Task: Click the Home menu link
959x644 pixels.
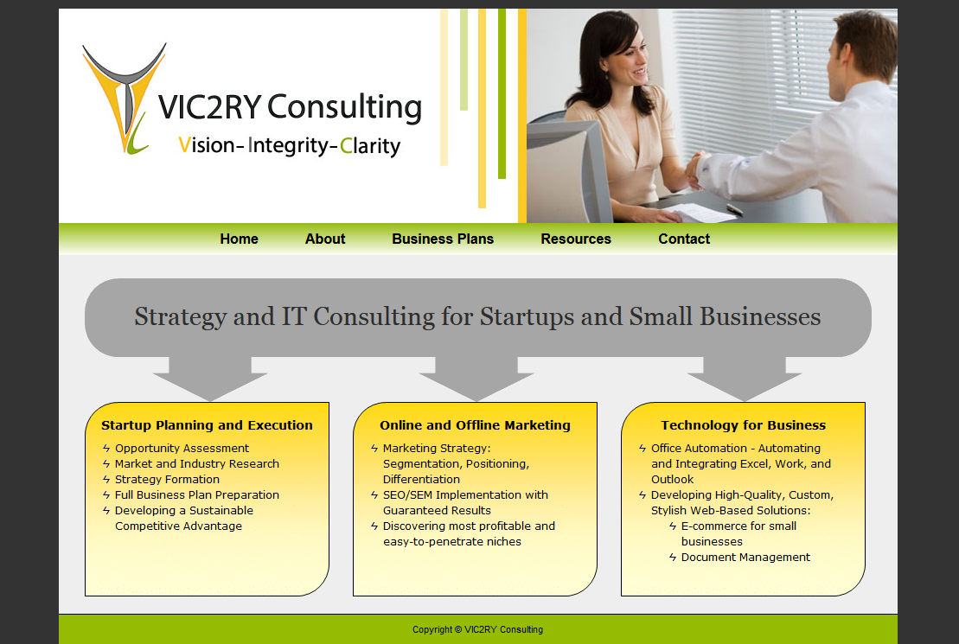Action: tap(240, 239)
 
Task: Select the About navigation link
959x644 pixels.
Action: tap(325, 239)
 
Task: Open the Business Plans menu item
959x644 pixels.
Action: tap(443, 239)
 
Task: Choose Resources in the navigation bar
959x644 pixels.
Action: tap(576, 239)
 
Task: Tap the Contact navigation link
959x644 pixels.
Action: tap(684, 239)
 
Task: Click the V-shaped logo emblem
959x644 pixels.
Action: tap(125, 98)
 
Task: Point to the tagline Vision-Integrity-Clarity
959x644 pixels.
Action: tap(290, 145)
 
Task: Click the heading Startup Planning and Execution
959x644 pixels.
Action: tap(207, 425)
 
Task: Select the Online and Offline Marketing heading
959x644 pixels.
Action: tap(476, 425)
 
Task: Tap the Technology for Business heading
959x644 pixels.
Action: tap(743, 425)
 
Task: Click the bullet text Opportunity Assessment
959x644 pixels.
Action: tap(182, 449)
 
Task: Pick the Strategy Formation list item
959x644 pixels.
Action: tap(167, 480)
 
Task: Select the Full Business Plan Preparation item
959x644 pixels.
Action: tap(197, 494)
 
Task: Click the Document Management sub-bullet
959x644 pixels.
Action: tap(745, 558)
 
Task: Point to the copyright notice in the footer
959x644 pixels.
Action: tap(477, 629)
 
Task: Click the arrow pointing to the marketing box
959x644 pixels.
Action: tap(476, 379)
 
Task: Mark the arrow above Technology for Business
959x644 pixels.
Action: tap(745, 379)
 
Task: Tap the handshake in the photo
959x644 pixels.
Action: tap(694, 169)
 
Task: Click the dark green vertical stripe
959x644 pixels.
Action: tap(502, 93)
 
